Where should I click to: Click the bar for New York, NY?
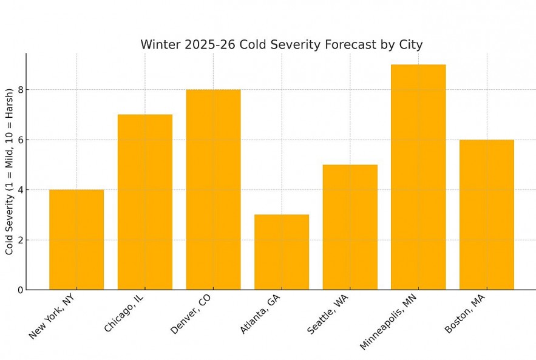coord(76,240)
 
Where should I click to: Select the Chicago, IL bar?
coord(144,202)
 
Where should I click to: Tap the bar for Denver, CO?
coord(213,189)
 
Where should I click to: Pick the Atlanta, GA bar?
coord(282,252)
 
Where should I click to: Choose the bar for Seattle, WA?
coord(350,227)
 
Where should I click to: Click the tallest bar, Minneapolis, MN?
coord(418,177)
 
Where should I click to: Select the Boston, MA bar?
coord(486,214)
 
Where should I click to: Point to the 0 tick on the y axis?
coord(20,290)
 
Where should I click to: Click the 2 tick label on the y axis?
coord(20,240)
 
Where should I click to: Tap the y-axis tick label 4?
coord(20,190)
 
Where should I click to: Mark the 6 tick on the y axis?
coord(20,140)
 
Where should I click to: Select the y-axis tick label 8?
coord(20,90)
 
